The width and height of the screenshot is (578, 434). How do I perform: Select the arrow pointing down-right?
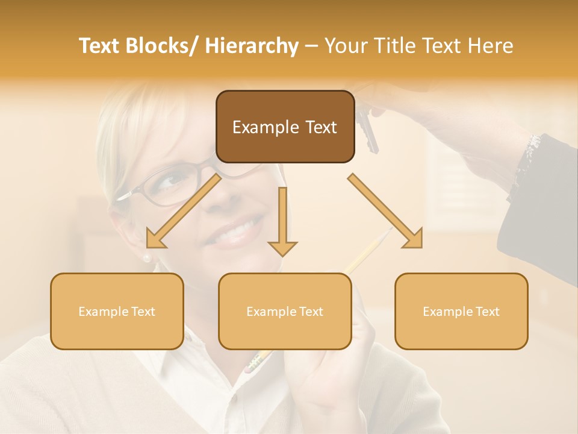coord(385,211)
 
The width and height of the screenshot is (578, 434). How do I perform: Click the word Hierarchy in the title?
coord(252,46)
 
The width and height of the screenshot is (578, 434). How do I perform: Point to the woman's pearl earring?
coord(146,258)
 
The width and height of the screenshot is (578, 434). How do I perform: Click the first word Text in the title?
coord(100,46)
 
